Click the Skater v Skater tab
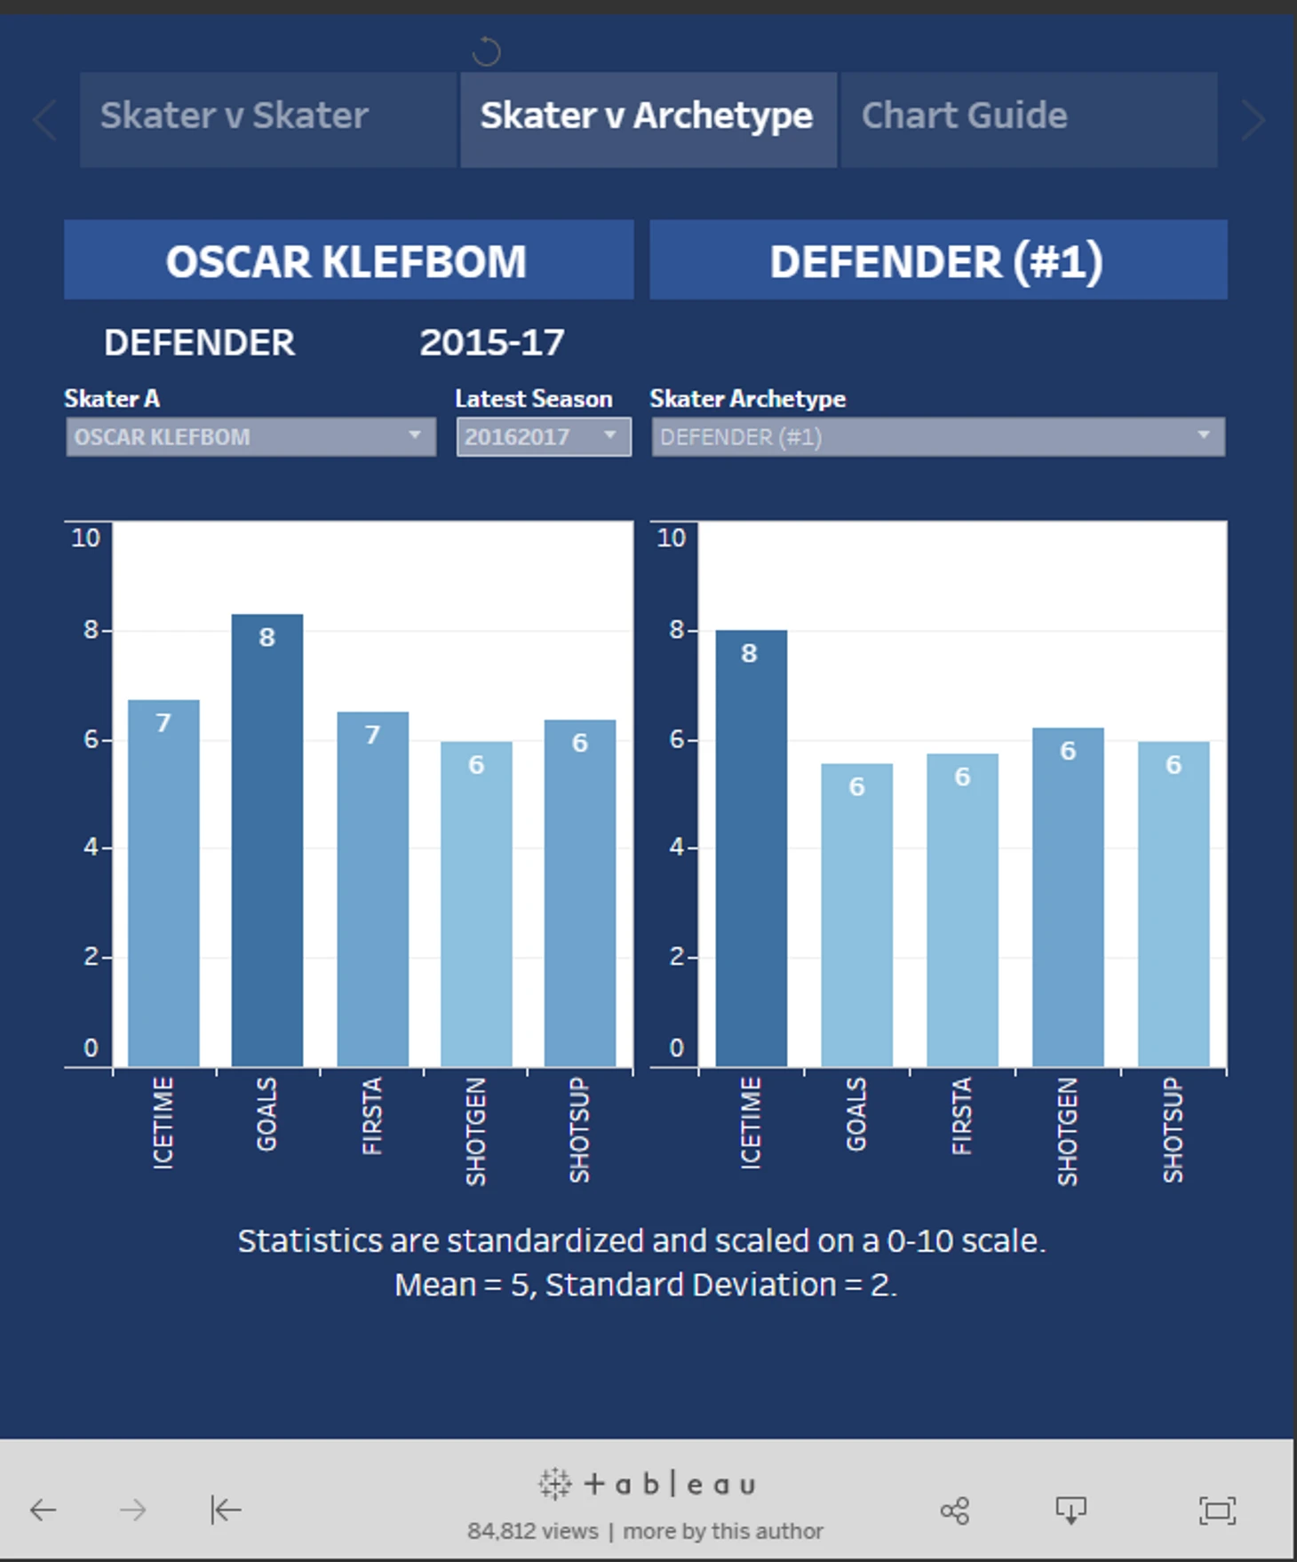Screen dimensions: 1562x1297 tap(267, 118)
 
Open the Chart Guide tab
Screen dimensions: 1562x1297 tap(1028, 118)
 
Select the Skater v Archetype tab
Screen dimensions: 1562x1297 tap(648, 118)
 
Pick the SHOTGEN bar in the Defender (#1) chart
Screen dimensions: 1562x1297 tap(1068, 897)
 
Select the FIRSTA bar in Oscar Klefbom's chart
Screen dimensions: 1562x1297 tap(372, 888)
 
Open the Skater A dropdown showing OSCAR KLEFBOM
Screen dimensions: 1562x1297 tap(251, 437)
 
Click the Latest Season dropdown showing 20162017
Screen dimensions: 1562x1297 tap(544, 437)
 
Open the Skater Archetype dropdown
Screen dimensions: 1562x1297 tap(938, 437)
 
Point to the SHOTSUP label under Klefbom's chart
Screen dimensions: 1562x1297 tap(579, 1129)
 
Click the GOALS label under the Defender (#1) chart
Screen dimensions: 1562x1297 tap(855, 1114)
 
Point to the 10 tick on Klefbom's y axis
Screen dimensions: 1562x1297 tap(86, 538)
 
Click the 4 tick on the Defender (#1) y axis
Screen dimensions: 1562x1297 tap(677, 848)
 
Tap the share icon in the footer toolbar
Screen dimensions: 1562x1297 tap(954, 1510)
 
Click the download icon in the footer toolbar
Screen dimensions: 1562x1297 tap(1070, 1510)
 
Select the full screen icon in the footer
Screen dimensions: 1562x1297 tap(1216, 1510)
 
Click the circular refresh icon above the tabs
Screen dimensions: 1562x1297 tap(486, 52)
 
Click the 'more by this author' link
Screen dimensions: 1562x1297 tap(723, 1531)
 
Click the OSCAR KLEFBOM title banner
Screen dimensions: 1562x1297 tap(348, 260)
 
